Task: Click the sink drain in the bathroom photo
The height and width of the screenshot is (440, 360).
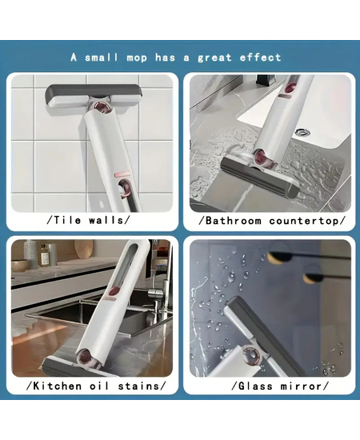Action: [x=302, y=132]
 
